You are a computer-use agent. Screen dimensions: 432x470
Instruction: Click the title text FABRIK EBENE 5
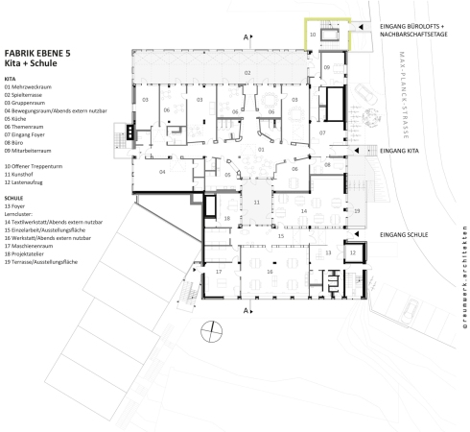(37, 56)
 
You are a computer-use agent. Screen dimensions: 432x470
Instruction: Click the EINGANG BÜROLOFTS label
(414, 27)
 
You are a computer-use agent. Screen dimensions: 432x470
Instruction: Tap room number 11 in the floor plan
(256, 204)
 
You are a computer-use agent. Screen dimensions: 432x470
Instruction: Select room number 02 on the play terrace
(247, 73)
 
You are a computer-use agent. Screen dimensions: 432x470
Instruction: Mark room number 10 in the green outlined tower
(313, 34)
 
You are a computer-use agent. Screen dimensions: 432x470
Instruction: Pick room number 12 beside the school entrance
(351, 252)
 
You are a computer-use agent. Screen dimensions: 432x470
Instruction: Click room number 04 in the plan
(162, 171)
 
